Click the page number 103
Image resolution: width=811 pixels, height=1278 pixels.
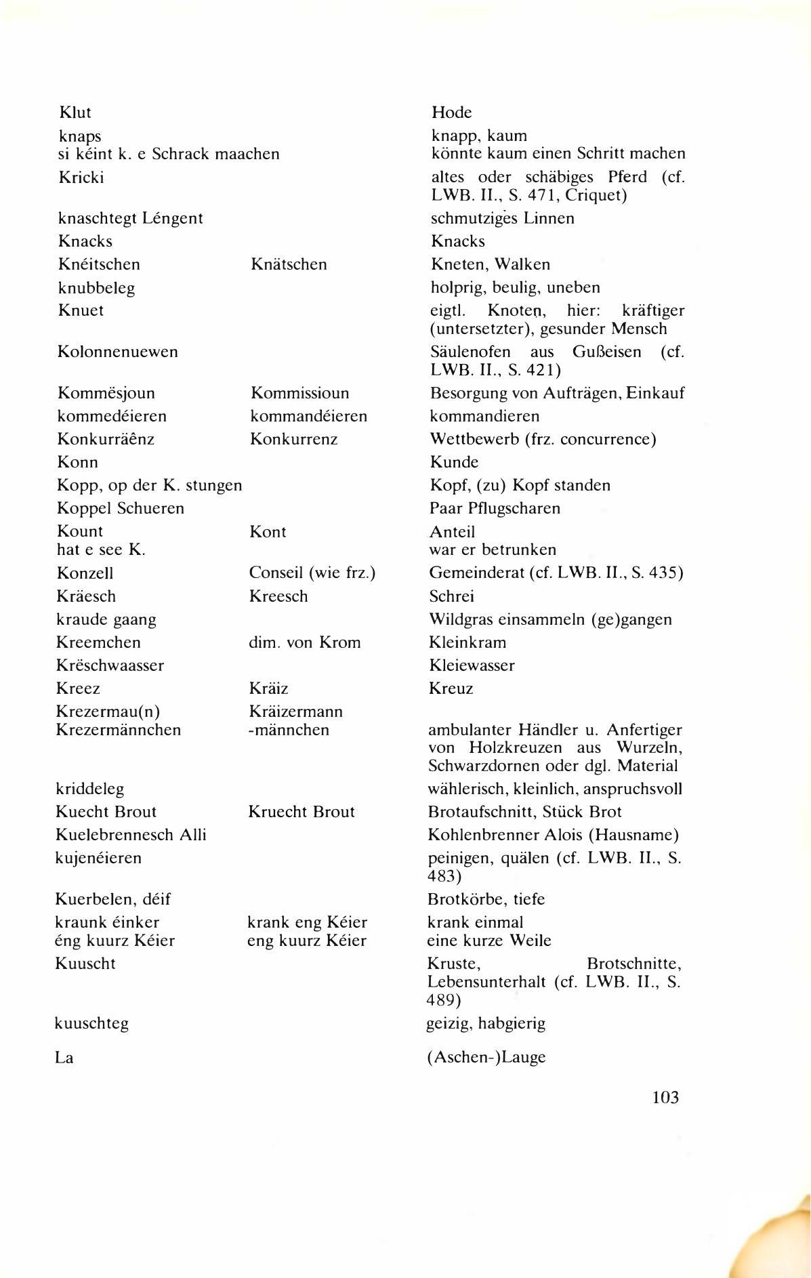pyautogui.click(x=665, y=1097)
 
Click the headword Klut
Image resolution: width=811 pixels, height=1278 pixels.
pyautogui.click(x=75, y=112)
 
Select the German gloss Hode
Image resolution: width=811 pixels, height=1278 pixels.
pyautogui.click(x=451, y=112)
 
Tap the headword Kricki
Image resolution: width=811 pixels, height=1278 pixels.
pyautogui.click(x=81, y=178)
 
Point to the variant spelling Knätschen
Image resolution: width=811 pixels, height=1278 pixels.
pyautogui.click(x=289, y=264)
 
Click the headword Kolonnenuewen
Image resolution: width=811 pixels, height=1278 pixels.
pyautogui.click(x=118, y=352)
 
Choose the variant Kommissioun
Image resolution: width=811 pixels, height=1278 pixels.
pyautogui.click(x=299, y=393)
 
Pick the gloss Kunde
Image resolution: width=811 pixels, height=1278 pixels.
pyautogui.click(x=454, y=462)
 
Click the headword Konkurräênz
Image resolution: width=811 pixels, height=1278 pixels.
pyautogui.click(x=106, y=439)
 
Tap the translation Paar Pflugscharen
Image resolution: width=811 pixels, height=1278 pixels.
pyautogui.click(x=495, y=508)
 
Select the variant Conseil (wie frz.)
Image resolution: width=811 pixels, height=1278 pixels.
pyautogui.click(x=312, y=573)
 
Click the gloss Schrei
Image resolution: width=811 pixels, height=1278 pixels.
pyautogui.click(x=451, y=596)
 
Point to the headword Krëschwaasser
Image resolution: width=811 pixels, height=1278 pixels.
pyautogui.click(x=110, y=665)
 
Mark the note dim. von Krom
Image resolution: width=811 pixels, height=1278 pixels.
pyautogui.click(x=304, y=642)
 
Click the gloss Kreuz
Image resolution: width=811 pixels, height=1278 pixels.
pyautogui.click(x=451, y=688)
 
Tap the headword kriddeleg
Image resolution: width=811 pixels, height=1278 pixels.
pyautogui.click(x=89, y=789)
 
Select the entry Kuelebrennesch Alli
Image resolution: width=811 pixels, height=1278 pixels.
pyautogui.click(x=131, y=835)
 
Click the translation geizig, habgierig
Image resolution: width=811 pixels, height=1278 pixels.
pyautogui.click(x=485, y=1023)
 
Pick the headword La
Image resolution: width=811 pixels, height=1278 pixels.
pyautogui.click(x=64, y=1057)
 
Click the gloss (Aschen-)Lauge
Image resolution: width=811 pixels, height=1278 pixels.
pyautogui.click(x=486, y=1057)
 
